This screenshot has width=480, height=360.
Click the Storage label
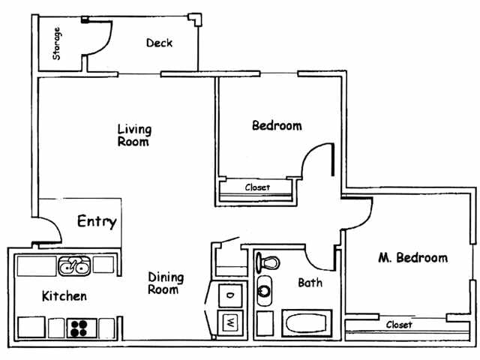[56, 43]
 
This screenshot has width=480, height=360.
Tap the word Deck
[159, 43]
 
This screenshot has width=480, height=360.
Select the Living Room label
[133, 135]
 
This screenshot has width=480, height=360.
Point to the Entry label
[97, 222]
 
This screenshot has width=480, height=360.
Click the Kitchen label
[64, 296]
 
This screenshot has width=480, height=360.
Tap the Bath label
[310, 283]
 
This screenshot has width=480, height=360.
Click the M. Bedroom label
[412, 258]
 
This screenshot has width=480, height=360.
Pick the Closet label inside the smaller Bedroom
[258, 187]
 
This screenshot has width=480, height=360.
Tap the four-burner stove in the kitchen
[80, 327]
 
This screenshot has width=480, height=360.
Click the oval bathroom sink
[264, 290]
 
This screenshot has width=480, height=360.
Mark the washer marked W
[229, 324]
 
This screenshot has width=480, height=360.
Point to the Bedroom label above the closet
[277, 126]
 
